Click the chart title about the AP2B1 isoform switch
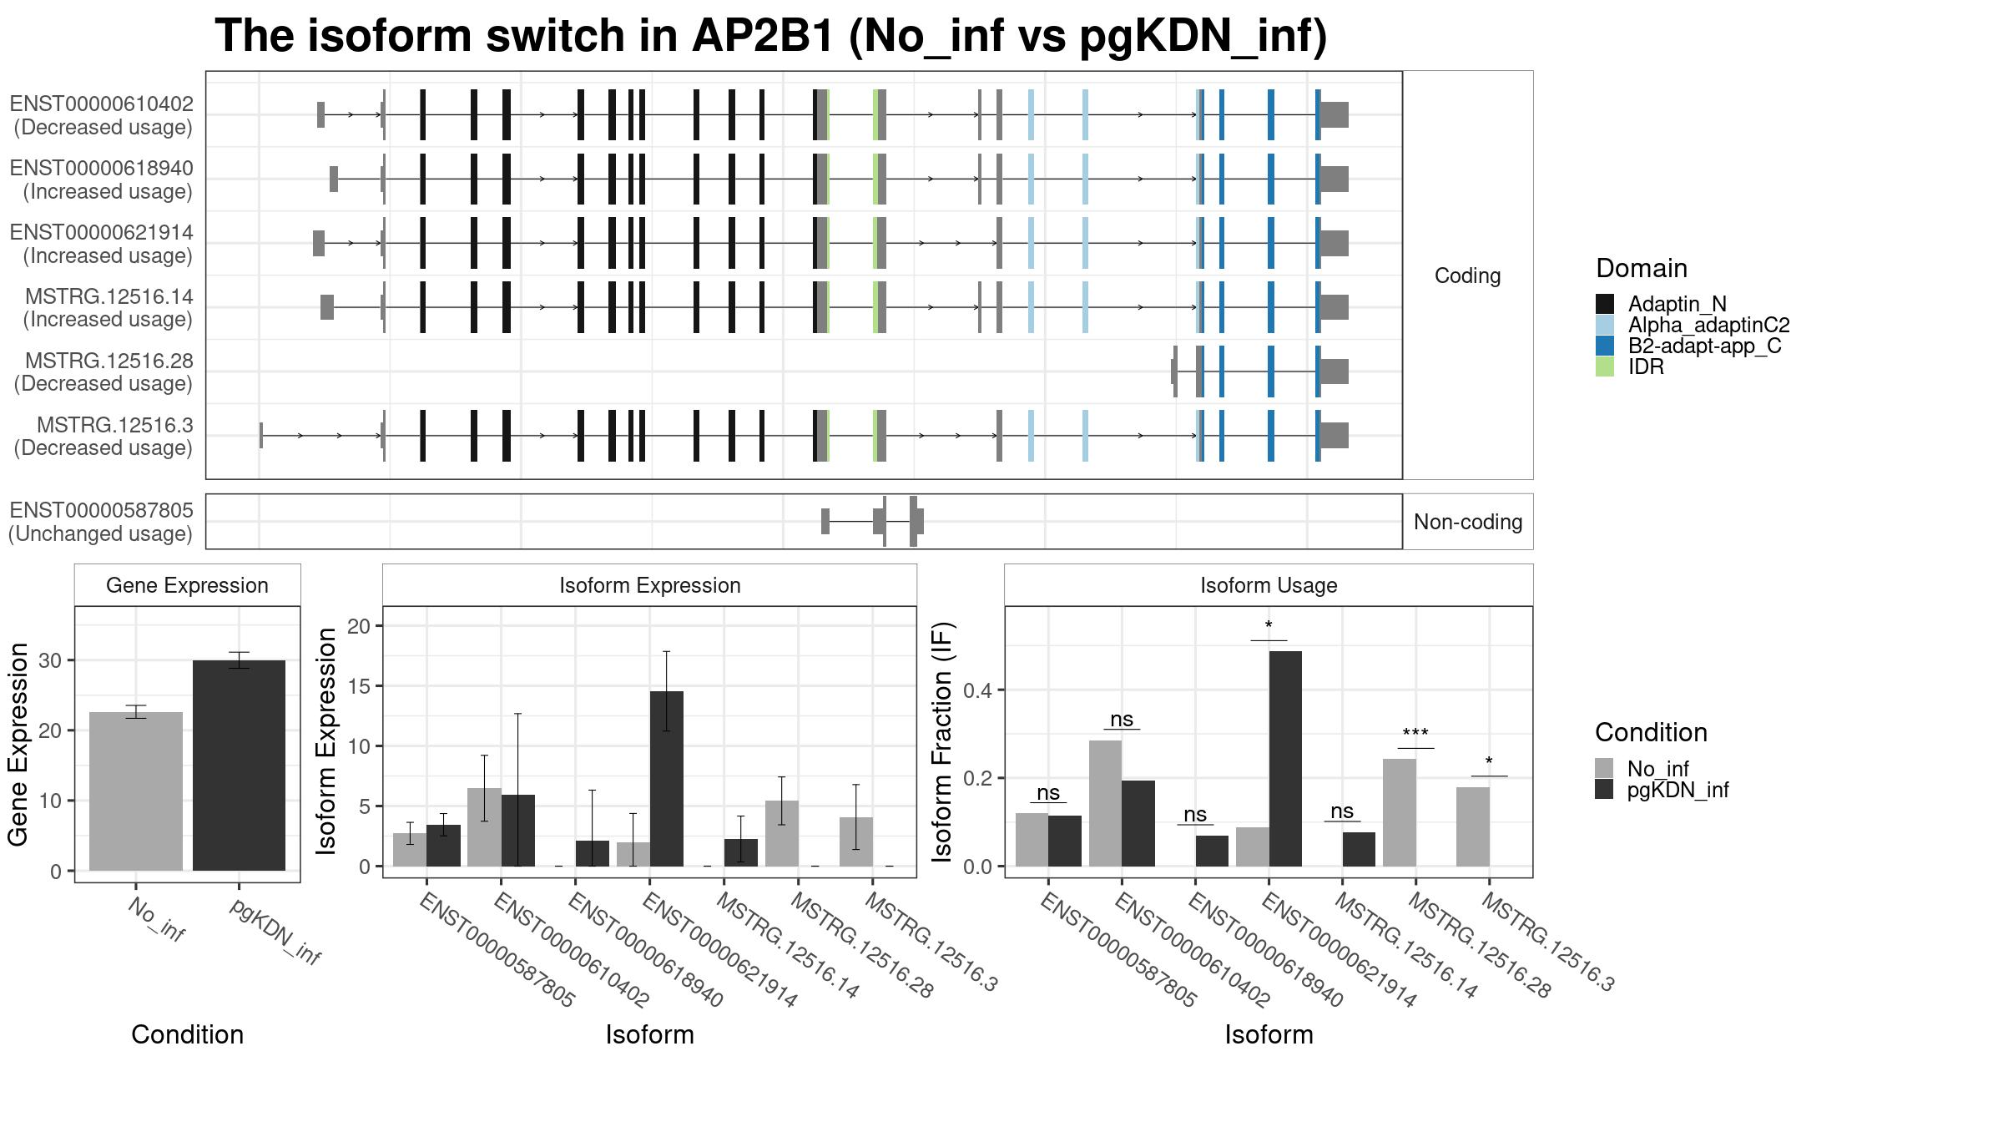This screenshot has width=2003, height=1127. tap(770, 38)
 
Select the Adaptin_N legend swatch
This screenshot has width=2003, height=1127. tap(1604, 304)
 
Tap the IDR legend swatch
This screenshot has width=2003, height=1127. tap(1604, 367)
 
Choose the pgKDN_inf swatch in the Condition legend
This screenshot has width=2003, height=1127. tap(1604, 790)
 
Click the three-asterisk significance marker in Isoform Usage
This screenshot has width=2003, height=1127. tap(1415, 735)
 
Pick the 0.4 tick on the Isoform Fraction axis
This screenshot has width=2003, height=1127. tap(979, 690)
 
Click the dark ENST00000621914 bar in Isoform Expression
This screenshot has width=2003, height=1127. tap(666, 778)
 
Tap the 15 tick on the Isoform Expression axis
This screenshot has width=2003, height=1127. tap(359, 686)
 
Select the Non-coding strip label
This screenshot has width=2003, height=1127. tap(1467, 522)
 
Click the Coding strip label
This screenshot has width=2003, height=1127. tap(1467, 275)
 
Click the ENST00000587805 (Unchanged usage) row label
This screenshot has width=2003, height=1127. tap(101, 522)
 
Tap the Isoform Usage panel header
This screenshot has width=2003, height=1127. tap(1268, 585)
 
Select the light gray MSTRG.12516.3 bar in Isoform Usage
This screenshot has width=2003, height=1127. tap(1472, 826)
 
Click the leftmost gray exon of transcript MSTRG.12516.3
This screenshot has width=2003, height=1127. tap(261, 435)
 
